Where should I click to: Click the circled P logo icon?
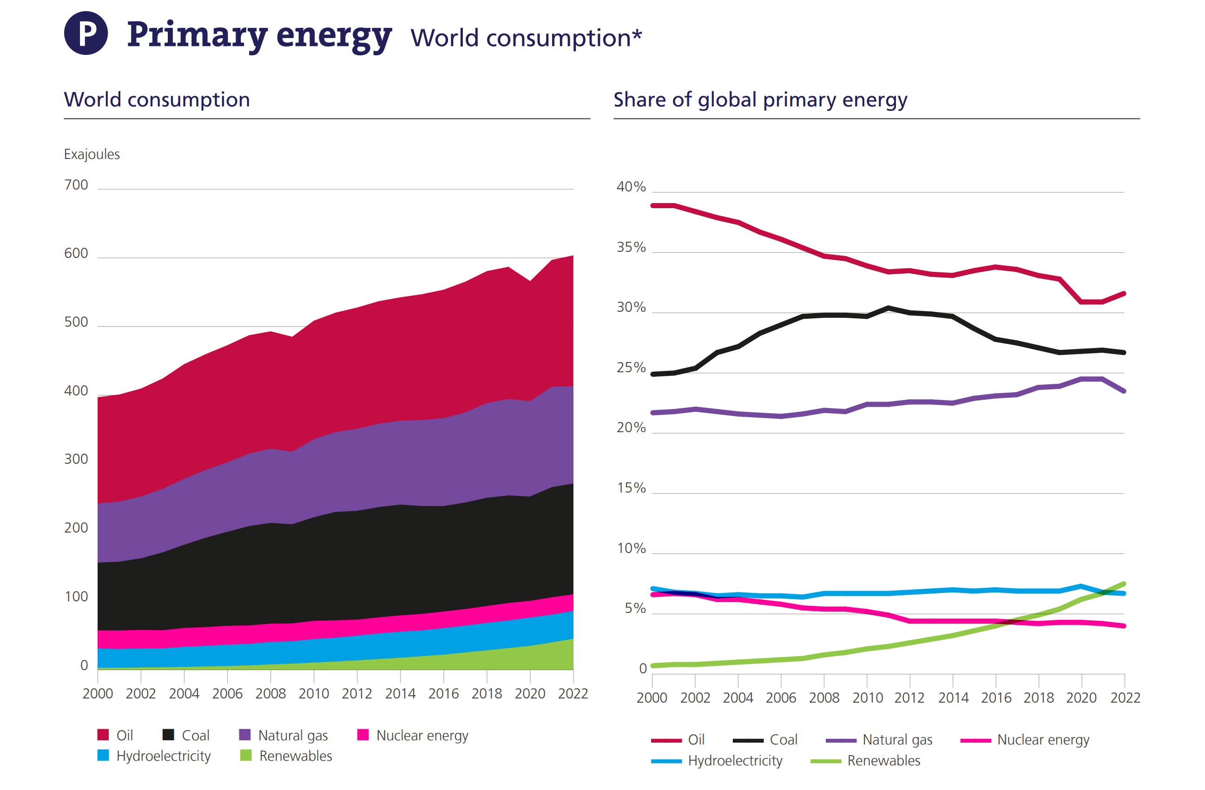click(86, 33)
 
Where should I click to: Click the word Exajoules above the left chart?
click(92, 154)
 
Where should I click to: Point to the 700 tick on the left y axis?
click(76, 185)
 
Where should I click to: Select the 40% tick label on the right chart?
click(631, 187)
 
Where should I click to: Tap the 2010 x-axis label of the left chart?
click(313, 694)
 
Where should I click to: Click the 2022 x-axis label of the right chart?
click(1125, 698)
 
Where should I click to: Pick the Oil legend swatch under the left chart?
click(103, 735)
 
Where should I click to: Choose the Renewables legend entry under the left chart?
click(295, 756)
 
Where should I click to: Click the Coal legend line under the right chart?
click(748, 740)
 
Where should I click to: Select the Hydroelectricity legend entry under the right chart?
click(735, 761)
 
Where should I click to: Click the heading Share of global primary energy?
click(760, 100)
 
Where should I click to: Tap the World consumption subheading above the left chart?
click(157, 100)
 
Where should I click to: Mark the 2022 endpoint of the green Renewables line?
click(1124, 584)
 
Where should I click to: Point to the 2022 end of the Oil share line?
click(1124, 293)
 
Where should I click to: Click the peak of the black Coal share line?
click(888, 307)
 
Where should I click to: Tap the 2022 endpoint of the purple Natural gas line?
click(1124, 391)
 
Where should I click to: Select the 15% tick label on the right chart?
click(631, 488)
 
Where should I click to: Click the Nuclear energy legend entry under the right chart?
click(1042, 740)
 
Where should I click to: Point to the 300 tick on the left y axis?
click(76, 459)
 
